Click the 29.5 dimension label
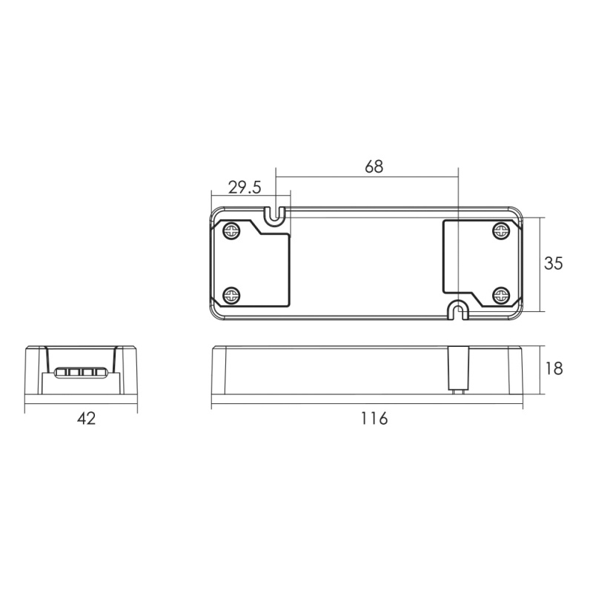[245, 188]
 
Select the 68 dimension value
[374, 167]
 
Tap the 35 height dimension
[553, 263]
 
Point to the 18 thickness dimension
[553, 368]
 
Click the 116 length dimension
[374, 419]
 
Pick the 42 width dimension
[87, 419]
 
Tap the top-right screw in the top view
[501, 231]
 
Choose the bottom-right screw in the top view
[501, 296]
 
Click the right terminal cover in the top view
[478, 259]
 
